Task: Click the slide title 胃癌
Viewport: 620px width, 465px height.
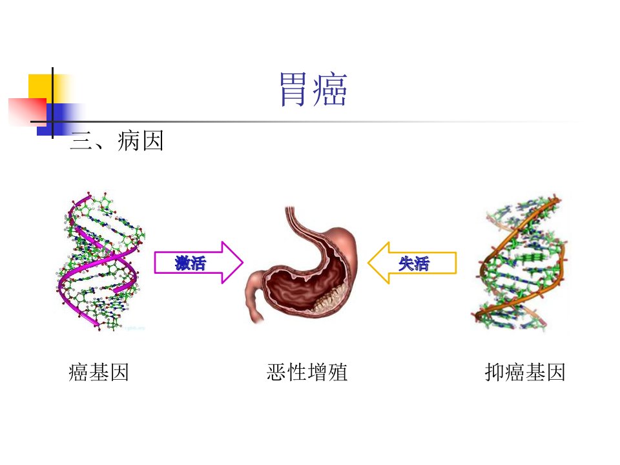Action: click(313, 89)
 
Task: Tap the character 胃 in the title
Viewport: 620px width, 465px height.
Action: click(293, 89)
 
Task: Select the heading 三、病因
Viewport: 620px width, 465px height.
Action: click(116, 141)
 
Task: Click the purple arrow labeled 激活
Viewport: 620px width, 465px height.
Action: click(198, 263)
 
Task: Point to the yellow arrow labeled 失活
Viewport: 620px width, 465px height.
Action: click(412, 263)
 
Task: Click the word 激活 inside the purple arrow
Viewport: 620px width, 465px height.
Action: click(191, 263)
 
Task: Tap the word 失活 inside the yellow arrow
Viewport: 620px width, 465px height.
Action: click(413, 263)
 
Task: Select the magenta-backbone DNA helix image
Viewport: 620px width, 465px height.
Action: click(101, 261)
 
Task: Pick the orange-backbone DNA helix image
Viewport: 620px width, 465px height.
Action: click(519, 263)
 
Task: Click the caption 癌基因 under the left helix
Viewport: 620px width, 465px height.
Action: click(98, 372)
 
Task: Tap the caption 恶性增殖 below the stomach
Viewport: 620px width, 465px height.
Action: click(307, 372)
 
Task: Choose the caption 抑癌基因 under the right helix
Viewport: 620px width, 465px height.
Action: click(524, 372)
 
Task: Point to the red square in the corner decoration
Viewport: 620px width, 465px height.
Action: click(27, 112)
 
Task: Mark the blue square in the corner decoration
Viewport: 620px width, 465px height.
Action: click(59, 119)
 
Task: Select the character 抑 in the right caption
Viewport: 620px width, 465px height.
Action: click(494, 372)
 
